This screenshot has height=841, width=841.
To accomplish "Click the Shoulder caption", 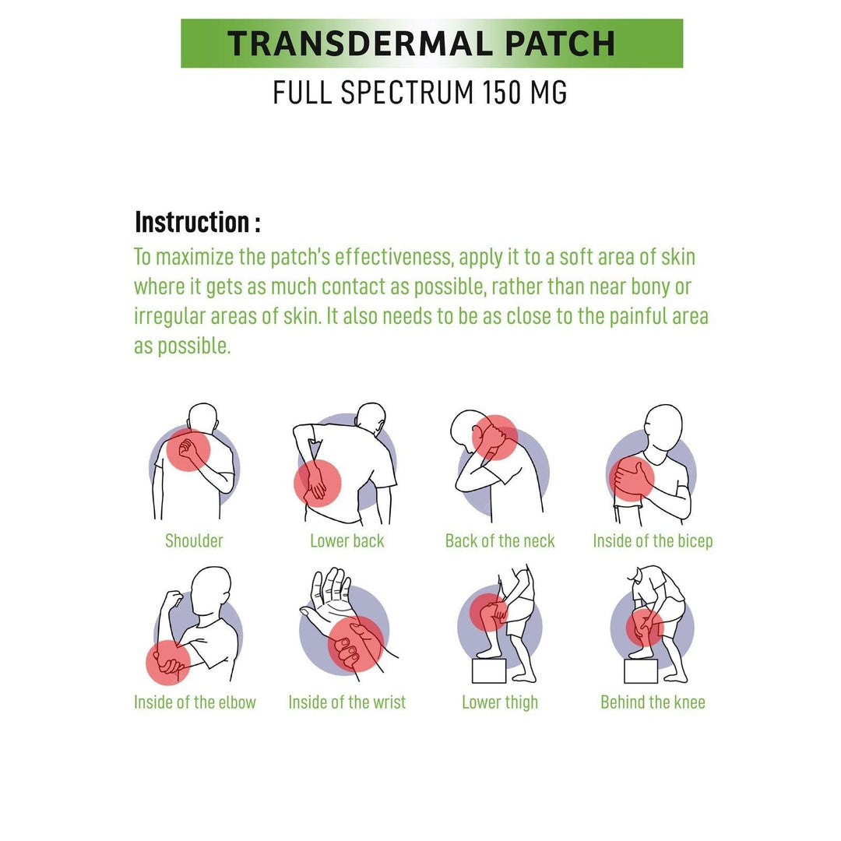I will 194,540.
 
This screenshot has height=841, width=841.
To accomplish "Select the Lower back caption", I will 347,540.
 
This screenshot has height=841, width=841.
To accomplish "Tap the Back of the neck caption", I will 500,540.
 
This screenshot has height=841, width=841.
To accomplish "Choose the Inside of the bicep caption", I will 653,540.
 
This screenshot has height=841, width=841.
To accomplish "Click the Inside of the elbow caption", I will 195,702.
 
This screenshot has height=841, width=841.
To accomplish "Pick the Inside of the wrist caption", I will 347,702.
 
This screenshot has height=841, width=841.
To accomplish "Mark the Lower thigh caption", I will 500,702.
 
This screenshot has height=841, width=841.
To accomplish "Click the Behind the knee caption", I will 653,702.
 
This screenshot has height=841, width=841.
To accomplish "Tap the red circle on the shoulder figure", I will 188,450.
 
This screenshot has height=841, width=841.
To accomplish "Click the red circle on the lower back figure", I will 317,483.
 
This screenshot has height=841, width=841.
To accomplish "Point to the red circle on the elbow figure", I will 168,663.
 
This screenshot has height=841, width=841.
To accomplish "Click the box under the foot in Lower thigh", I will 490,670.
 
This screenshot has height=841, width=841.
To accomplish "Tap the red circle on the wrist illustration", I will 356,643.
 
